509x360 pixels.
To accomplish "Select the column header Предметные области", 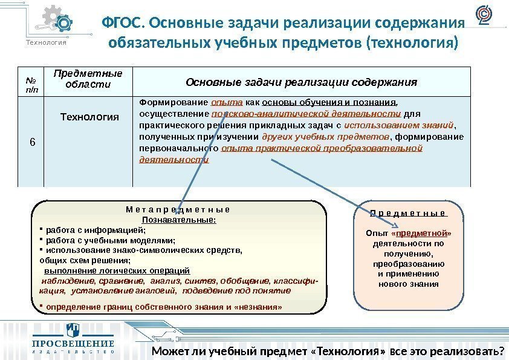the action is pyautogui.click(x=88, y=79).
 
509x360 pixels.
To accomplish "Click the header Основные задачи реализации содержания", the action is pyautogui.click(x=301, y=82).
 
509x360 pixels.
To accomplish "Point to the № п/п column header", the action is pyautogui.click(x=30, y=82).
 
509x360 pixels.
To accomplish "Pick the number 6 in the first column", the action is pyautogui.click(x=33, y=142).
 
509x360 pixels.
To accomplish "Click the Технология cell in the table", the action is pyautogui.click(x=88, y=116).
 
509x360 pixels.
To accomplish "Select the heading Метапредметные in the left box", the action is pyautogui.click(x=178, y=210).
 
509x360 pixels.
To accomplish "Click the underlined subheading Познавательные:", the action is pyautogui.click(x=178, y=220).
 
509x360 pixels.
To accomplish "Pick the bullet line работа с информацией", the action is pyautogui.click(x=96, y=230).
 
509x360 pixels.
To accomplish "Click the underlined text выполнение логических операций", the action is pyautogui.click(x=117, y=270).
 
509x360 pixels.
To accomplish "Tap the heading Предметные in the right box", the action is pyautogui.click(x=408, y=214).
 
